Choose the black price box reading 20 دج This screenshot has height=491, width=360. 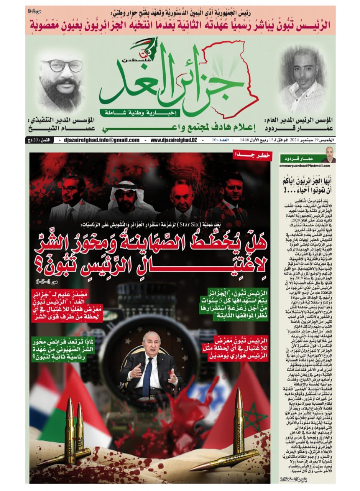pos(38,140)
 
